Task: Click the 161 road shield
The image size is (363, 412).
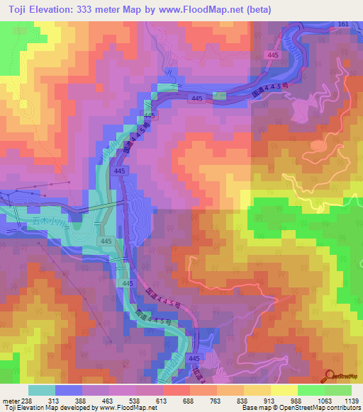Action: point(343,24)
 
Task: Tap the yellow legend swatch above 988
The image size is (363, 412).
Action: point(284,390)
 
